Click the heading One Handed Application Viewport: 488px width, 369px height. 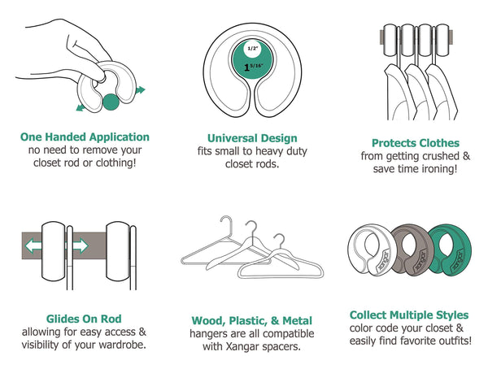coord(85,137)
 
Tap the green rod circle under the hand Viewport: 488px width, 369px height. coord(111,102)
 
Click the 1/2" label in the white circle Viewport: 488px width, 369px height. coord(253,48)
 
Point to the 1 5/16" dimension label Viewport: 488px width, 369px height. coord(253,67)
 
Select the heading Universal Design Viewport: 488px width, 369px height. coord(252,138)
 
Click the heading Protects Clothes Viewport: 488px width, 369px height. coord(416,143)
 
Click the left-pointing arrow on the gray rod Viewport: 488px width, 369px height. coord(33,245)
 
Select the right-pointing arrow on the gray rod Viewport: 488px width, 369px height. coord(81,245)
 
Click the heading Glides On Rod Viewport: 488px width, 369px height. coord(84,319)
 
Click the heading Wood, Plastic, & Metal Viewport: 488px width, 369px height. coord(252,320)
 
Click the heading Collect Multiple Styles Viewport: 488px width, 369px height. coord(409,315)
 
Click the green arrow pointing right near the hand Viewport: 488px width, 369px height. coord(141,90)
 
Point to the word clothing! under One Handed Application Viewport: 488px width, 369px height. coord(115,163)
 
